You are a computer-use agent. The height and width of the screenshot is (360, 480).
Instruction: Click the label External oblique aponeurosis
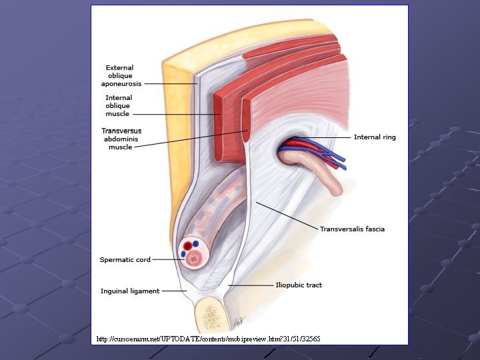pyautogui.click(x=121, y=75)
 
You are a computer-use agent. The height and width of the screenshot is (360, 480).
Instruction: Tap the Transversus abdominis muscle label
pyautogui.click(x=121, y=139)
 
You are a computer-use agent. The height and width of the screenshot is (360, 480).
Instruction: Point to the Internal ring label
pyautogui.click(x=375, y=137)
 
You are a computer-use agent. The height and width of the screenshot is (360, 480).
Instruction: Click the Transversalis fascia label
pyautogui.click(x=352, y=229)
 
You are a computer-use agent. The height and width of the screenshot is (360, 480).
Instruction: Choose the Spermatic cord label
pyautogui.click(x=125, y=259)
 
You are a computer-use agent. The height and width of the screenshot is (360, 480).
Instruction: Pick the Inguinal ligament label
pyautogui.click(x=130, y=291)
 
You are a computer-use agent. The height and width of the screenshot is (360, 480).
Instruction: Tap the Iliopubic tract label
pyautogui.click(x=299, y=285)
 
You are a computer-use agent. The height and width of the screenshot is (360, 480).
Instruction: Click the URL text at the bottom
pyautogui.click(x=208, y=339)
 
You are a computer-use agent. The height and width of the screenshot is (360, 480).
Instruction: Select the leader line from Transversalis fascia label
pyautogui.click(x=287, y=215)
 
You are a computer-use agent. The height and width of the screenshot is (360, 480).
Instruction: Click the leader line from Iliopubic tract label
pyautogui.click(x=251, y=285)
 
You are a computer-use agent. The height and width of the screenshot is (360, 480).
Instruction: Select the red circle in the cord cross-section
pyautogui.click(x=187, y=245)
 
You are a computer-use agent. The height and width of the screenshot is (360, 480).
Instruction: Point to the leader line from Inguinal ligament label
pyautogui.click(x=175, y=291)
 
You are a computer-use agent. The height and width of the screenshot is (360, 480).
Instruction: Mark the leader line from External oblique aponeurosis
pyautogui.click(x=171, y=84)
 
